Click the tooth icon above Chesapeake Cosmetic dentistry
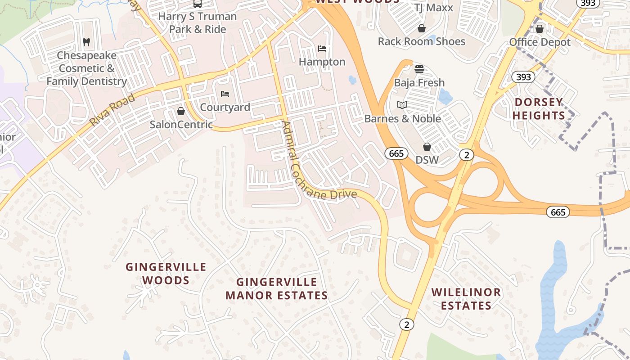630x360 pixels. click(x=86, y=42)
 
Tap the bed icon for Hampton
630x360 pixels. click(x=322, y=49)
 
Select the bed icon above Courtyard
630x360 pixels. click(x=225, y=94)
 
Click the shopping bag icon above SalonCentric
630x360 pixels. click(x=181, y=111)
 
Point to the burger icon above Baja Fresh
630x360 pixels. click(x=419, y=69)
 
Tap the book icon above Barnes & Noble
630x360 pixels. click(x=402, y=105)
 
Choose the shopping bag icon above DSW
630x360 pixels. click(x=427, y=147)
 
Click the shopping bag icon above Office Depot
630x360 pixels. click(x=540, y=29)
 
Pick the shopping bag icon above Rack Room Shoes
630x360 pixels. click(x=422, y=28)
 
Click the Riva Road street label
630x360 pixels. click(x=112, y=110)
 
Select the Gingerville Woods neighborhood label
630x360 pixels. click(x=166, y=274)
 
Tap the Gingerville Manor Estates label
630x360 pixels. click(x=277, y=288)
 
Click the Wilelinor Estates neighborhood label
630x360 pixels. click(x=466, y=299)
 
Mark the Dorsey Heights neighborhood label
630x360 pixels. click(x=539, y=109)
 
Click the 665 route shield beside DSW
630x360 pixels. click(x=396, y=153)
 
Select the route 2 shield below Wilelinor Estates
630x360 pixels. click(x=406, y=324)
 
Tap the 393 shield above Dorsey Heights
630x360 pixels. click(x=523, y=77)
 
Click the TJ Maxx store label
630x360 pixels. click(x=434, y=8)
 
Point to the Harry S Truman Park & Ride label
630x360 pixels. click(x=198, y=22)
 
